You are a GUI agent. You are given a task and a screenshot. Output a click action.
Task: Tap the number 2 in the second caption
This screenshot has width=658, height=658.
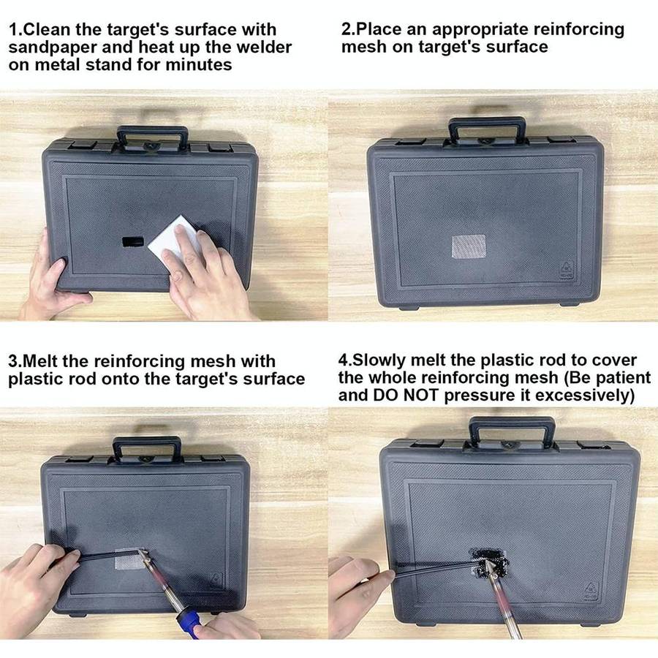(347, 30)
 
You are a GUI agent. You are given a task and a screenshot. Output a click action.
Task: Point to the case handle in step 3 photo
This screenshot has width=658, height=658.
(146, 445)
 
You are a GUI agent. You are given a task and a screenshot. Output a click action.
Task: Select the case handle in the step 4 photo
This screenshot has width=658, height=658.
(512, 426)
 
